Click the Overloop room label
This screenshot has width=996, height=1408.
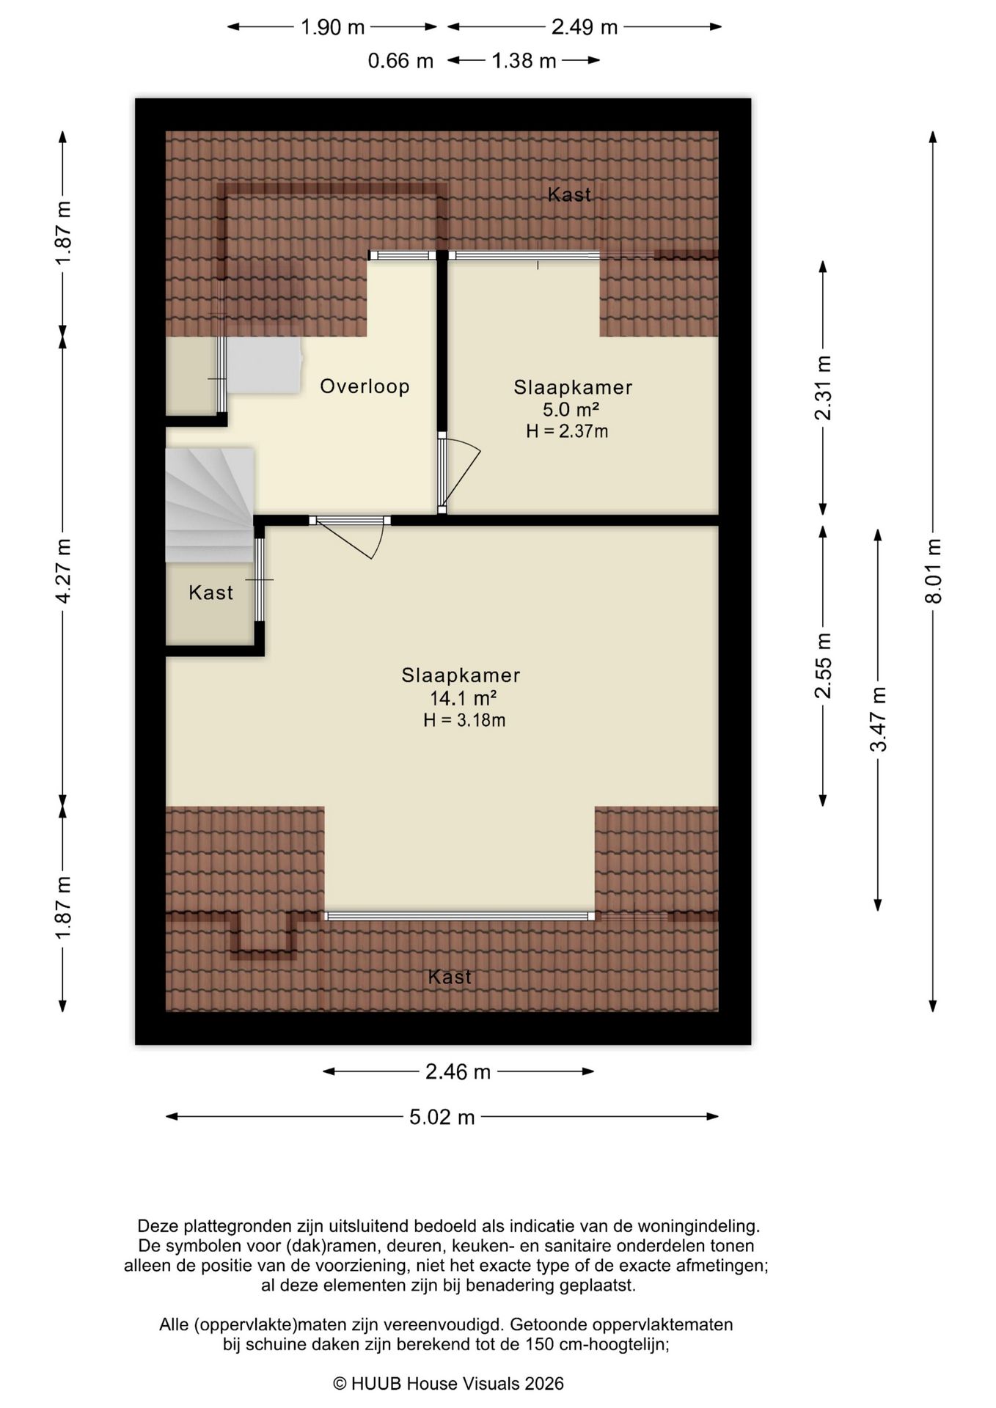pos(365,386)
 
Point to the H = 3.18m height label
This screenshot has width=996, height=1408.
pos(464,720)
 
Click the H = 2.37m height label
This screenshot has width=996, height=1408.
pos(567,431)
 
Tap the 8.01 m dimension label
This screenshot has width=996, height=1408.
pos(933,571)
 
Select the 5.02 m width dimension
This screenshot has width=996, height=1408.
pos(442,1117)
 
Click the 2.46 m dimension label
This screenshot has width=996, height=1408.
pos(458,1072)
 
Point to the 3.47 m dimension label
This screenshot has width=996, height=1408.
pos(878,719)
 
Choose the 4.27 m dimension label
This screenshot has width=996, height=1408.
pos(63,571)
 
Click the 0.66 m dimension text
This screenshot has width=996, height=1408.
pos(400,61)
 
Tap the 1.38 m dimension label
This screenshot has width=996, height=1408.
pos(524,61)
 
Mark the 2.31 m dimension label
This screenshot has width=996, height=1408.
pos(823,388)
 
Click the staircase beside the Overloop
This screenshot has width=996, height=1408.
pos(210,505)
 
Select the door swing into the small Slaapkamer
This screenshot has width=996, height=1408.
pos(461,474)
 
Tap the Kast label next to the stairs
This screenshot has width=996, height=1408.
pos(211,593)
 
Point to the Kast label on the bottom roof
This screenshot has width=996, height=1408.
pos(450,977)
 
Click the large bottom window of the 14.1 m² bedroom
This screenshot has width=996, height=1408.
pos(459,916)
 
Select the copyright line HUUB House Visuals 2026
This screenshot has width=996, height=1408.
pos(449,1384)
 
